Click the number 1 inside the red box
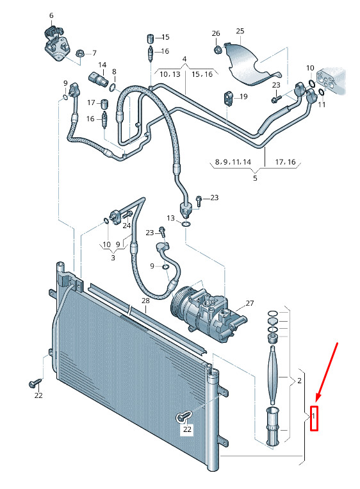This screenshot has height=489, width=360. pos(315,417)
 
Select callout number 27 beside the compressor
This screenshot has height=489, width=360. pos(249,303)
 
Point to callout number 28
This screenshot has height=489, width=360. pos(145,301)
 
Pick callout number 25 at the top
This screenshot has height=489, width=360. pos(240,31)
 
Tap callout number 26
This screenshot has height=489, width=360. pos(215,33)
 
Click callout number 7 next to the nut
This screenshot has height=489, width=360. pos(94,53)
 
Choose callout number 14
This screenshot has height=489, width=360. pos(101,65)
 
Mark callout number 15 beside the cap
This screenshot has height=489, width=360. pos(165,37)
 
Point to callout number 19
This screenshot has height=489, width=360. pos(243,97)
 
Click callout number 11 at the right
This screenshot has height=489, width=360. pos(322,104)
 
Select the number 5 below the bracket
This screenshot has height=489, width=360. pos(255,178)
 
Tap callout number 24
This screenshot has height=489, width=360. pos(127,225)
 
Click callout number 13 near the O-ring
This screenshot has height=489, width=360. pos(170,219)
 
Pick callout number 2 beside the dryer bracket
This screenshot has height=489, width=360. pos(299,381)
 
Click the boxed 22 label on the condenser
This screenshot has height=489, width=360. pos(187,429)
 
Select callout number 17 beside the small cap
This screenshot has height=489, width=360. pos(91,103)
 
